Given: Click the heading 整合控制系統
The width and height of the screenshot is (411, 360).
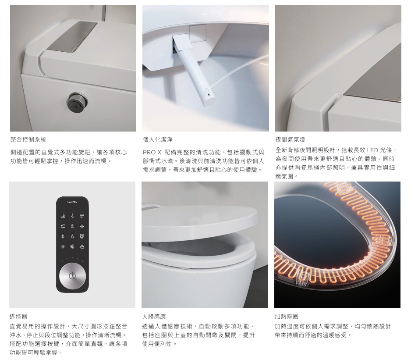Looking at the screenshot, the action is click(28, 139).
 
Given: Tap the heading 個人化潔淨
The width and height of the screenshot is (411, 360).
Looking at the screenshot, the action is click(158, 139).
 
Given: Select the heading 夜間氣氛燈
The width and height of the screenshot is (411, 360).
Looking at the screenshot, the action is click(290, 139).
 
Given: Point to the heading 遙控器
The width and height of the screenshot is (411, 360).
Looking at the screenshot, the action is click(18, 317).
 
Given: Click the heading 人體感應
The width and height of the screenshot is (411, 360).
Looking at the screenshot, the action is click(154, 317).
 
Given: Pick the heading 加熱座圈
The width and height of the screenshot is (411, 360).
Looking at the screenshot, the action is click(286, 317).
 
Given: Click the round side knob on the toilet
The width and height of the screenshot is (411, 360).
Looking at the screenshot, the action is click(77, 102).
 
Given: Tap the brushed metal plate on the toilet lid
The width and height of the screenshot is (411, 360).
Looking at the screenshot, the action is click(72, 37).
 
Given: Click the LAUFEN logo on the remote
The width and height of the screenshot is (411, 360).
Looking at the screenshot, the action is click(72, 202).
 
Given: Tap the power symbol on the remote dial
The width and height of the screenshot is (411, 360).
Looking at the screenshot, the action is click(72, 276).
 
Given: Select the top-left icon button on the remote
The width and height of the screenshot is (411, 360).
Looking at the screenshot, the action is click(63, 216).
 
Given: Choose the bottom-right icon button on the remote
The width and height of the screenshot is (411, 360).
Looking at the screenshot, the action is click(82, 246).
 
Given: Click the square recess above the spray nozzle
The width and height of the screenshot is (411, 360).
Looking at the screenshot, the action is click(197, 33).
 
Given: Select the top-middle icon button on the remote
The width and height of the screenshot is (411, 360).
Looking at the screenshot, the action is click(72, 216).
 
